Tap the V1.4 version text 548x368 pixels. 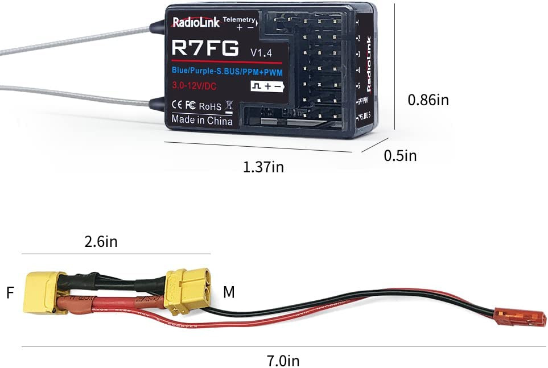262,52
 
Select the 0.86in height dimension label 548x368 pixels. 428,100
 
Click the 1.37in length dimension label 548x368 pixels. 263,167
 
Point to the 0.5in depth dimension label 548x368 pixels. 400,155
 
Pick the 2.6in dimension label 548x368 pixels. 100,242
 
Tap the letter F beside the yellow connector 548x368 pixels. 10,293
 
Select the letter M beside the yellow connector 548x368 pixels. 229,293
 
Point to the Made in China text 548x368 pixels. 202,121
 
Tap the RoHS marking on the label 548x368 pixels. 210,106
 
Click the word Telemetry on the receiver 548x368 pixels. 239,20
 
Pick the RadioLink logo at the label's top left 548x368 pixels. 196,23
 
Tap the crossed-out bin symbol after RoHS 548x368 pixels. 229,105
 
